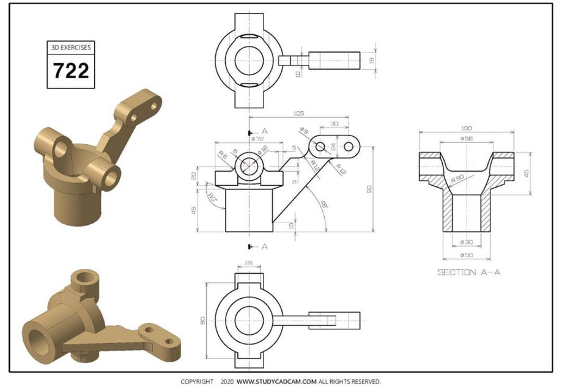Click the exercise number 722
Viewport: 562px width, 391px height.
71,70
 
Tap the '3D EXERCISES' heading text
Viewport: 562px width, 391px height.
71,47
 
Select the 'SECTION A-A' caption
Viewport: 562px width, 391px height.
468,272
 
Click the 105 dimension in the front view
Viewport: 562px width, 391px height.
299,114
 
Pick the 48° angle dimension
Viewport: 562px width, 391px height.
323,203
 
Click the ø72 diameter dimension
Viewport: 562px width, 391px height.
257,139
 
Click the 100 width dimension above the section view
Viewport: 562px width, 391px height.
466,128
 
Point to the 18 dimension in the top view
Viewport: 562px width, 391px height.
371,59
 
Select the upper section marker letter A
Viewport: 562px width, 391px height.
264,131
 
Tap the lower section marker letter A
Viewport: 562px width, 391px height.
264,246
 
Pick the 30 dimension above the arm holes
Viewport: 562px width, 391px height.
334,123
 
